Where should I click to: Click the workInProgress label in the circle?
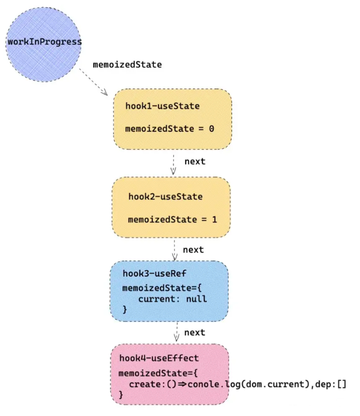44,42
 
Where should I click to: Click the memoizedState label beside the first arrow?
127,65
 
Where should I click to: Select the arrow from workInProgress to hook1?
94,82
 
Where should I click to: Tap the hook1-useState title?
162,106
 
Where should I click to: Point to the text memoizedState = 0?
169,128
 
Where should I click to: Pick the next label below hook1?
194,161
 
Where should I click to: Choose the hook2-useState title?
165,197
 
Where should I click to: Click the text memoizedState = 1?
172,219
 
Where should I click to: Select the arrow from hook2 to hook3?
175,250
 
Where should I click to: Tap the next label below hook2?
193,250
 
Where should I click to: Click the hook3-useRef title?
154,273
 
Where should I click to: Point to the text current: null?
172,299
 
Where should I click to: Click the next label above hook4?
194,332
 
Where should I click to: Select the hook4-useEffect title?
159,359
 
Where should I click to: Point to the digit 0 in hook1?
211,128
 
